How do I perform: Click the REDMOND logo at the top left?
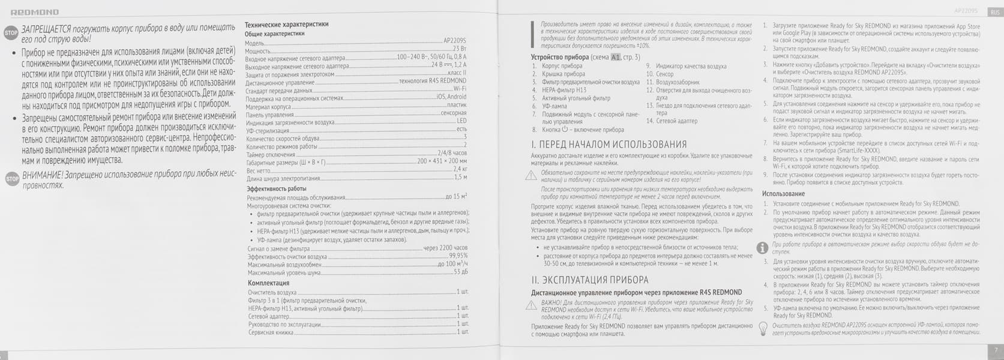[35, 12]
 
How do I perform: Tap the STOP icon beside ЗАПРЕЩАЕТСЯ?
[11, 32]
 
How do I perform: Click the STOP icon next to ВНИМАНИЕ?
[11, 179]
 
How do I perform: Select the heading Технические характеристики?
[286, 25]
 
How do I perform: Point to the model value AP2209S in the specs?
[454, 41]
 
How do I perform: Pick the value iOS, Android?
[451, 97]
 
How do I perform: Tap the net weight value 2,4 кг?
[460, 169]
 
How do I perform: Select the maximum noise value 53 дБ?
[460, 272]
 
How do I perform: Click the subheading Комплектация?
[268, 283]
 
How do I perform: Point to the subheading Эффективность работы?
[277, 188]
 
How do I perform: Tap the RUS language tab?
[994, 11]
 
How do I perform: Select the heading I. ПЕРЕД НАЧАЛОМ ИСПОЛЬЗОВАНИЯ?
[609, 145]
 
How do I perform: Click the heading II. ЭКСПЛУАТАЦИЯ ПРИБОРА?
[589, 280]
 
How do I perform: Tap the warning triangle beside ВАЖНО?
[531, 305]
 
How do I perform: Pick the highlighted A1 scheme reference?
[615, 57]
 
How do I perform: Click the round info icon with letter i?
[762, 248]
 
